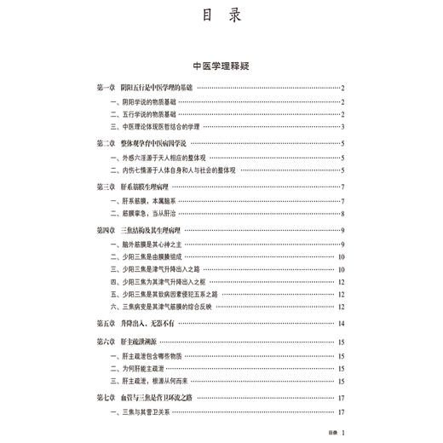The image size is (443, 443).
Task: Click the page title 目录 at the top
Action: (x=221, y=15)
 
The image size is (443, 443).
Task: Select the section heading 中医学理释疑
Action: (x=221, y=65)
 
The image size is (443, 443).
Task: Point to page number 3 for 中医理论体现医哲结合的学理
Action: (x=342, y=128)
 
